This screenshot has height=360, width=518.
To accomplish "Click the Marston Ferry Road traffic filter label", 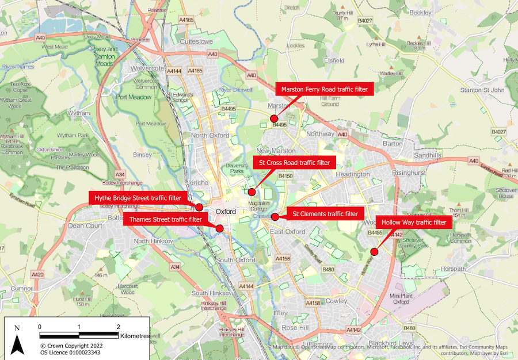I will tap(325, 89).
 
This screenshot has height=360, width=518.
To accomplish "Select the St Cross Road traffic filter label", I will tap(294, 163).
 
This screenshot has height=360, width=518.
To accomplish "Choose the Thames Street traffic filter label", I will tap(165, 219).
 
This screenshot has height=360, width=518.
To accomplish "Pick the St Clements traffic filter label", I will tap(325, 215).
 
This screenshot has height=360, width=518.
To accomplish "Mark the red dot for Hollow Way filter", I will tap(374, 251).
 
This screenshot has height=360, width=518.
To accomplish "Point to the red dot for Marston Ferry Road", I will tap(273, 118).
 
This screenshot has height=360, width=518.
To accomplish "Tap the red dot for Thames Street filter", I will tap(219, 228).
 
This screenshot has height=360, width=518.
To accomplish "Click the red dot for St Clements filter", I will tap(275, 217).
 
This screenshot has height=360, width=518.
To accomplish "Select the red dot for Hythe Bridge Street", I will tap(199, 207).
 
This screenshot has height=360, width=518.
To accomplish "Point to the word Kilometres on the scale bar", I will tap(135, 335).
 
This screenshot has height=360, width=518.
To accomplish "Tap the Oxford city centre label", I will tap(226, 212).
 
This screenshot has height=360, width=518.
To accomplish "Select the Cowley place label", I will tap(337, 301).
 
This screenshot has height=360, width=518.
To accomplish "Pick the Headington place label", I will tap(352, 174).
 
